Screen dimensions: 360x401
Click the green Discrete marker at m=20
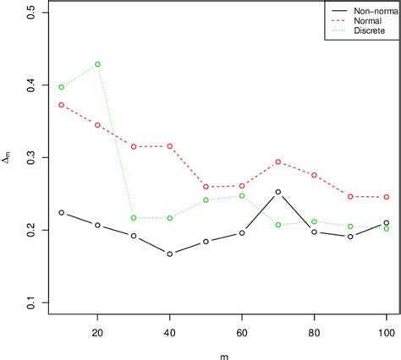97,64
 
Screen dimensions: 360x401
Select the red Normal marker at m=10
61,105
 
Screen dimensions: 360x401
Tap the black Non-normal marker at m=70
277,192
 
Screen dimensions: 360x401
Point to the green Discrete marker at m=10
61,87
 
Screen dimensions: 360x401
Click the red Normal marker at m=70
277,161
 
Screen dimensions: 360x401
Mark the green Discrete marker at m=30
134,218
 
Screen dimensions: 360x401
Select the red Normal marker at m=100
387,197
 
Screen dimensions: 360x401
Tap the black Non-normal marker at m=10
61,213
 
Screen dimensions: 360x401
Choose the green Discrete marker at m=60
242,195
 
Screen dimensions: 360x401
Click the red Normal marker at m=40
169,146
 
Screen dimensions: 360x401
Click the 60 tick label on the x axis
242,333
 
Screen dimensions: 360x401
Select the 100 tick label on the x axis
387,333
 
